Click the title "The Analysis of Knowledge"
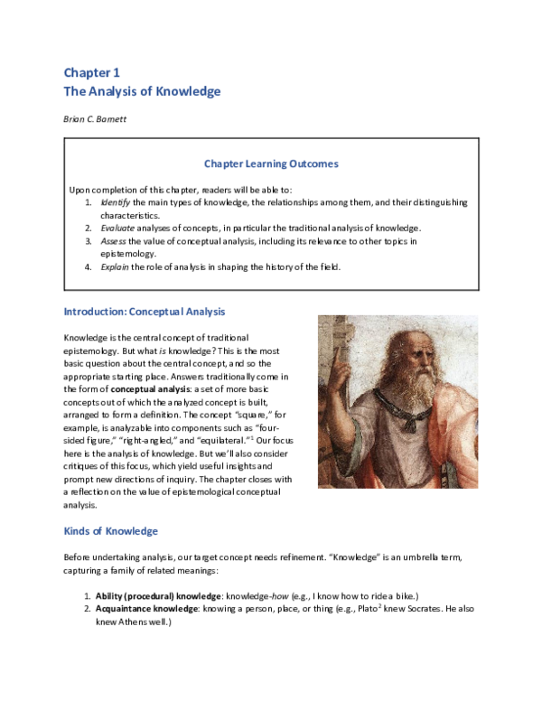[142, 91]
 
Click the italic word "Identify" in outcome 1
[116, 202]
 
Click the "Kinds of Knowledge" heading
[110, 530]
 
